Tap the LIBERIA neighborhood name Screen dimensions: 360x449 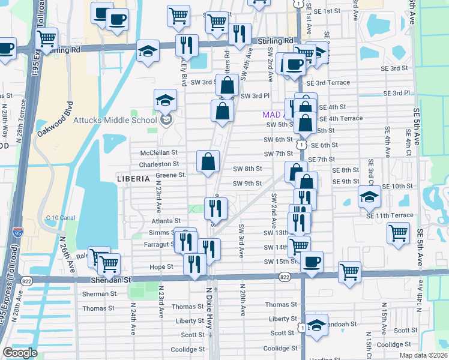click(133, 179)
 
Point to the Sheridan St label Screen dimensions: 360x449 click(111, 280)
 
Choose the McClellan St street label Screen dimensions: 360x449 click(159, 153)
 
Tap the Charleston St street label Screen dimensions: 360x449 click(159, 164)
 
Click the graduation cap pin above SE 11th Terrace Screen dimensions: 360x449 click(369, 196)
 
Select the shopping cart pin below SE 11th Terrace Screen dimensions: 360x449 click(398, 232)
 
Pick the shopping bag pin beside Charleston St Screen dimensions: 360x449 click(208, 161)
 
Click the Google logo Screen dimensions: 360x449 click(20, 353)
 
